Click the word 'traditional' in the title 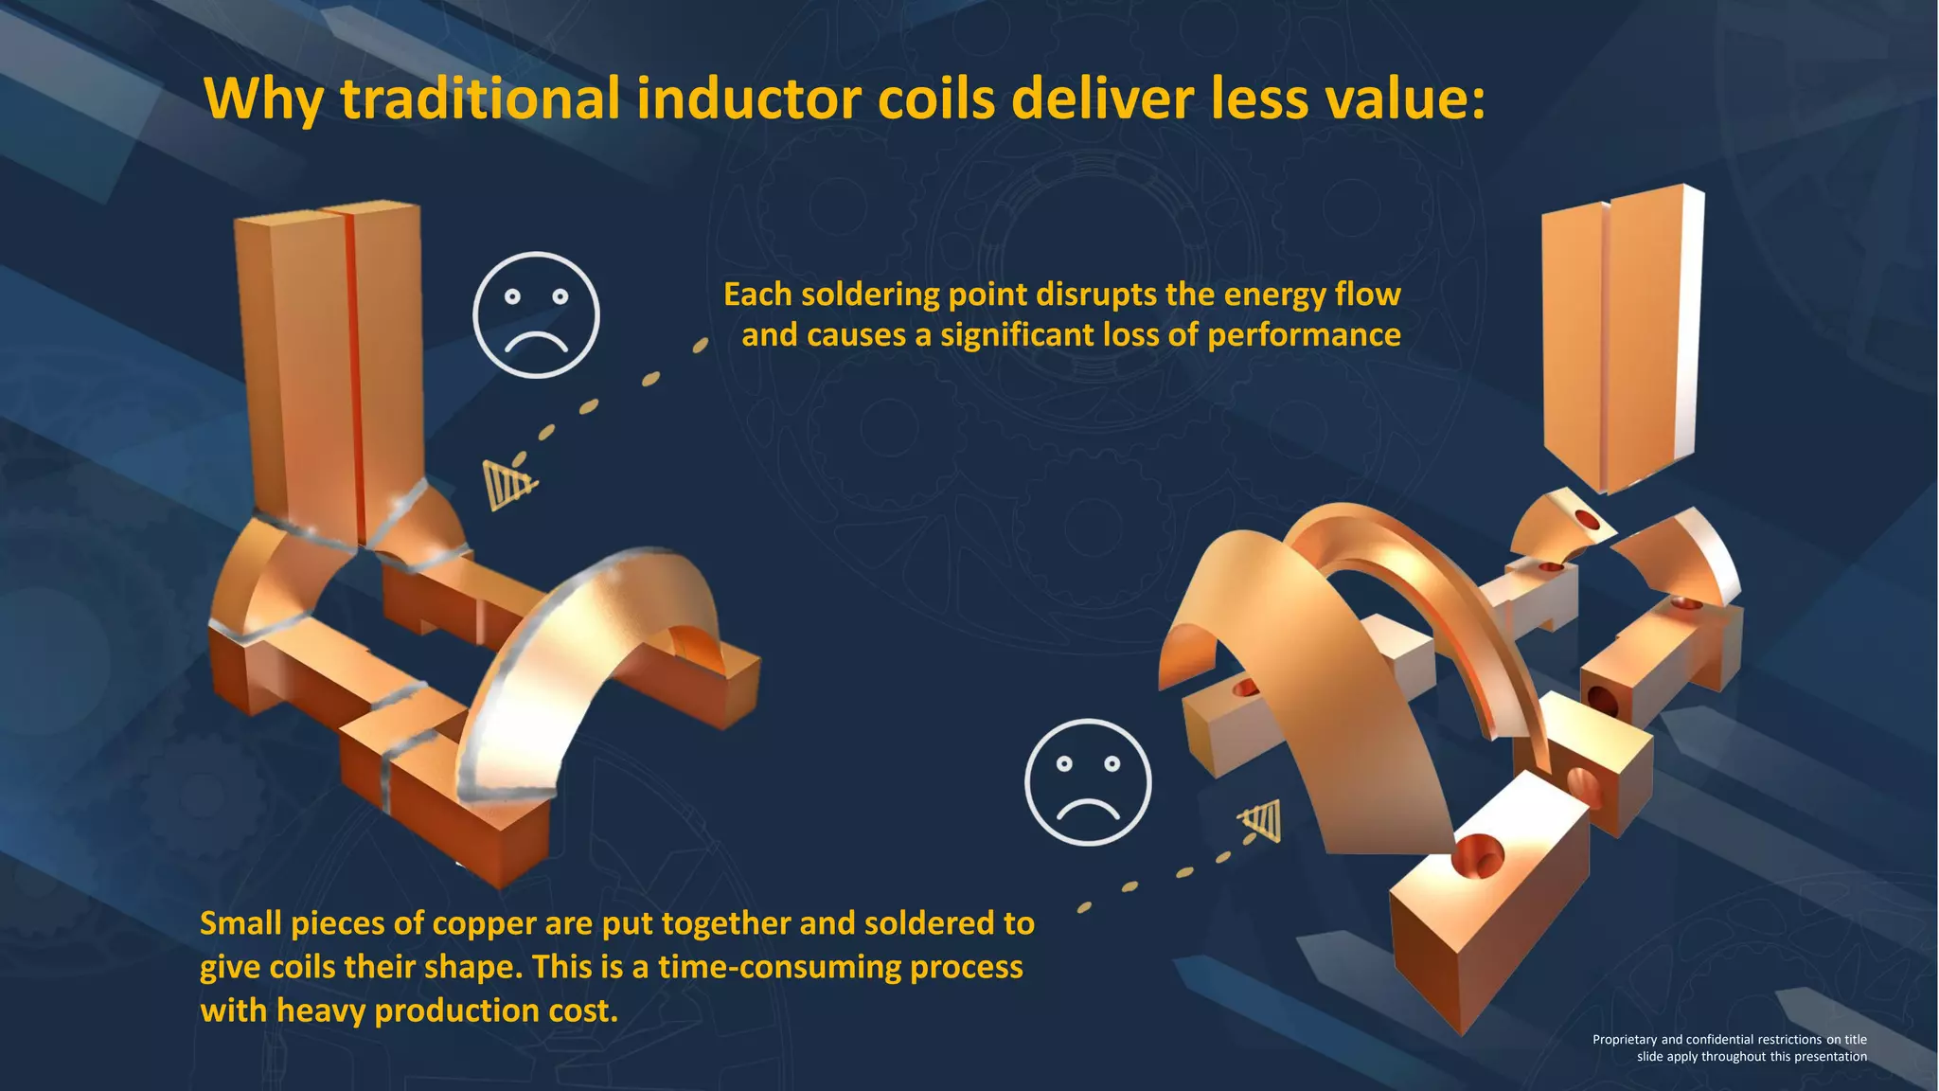(480, 98)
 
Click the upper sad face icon (536, 314)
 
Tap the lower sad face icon (1088, 781)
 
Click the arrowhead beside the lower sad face (1263, 820)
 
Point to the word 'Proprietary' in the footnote (1624, 1040)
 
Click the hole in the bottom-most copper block (1476, 856)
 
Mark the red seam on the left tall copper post (351, 379)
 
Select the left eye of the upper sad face (512, 297)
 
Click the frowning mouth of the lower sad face (1088, 809)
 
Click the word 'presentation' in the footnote (1826, 1057)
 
